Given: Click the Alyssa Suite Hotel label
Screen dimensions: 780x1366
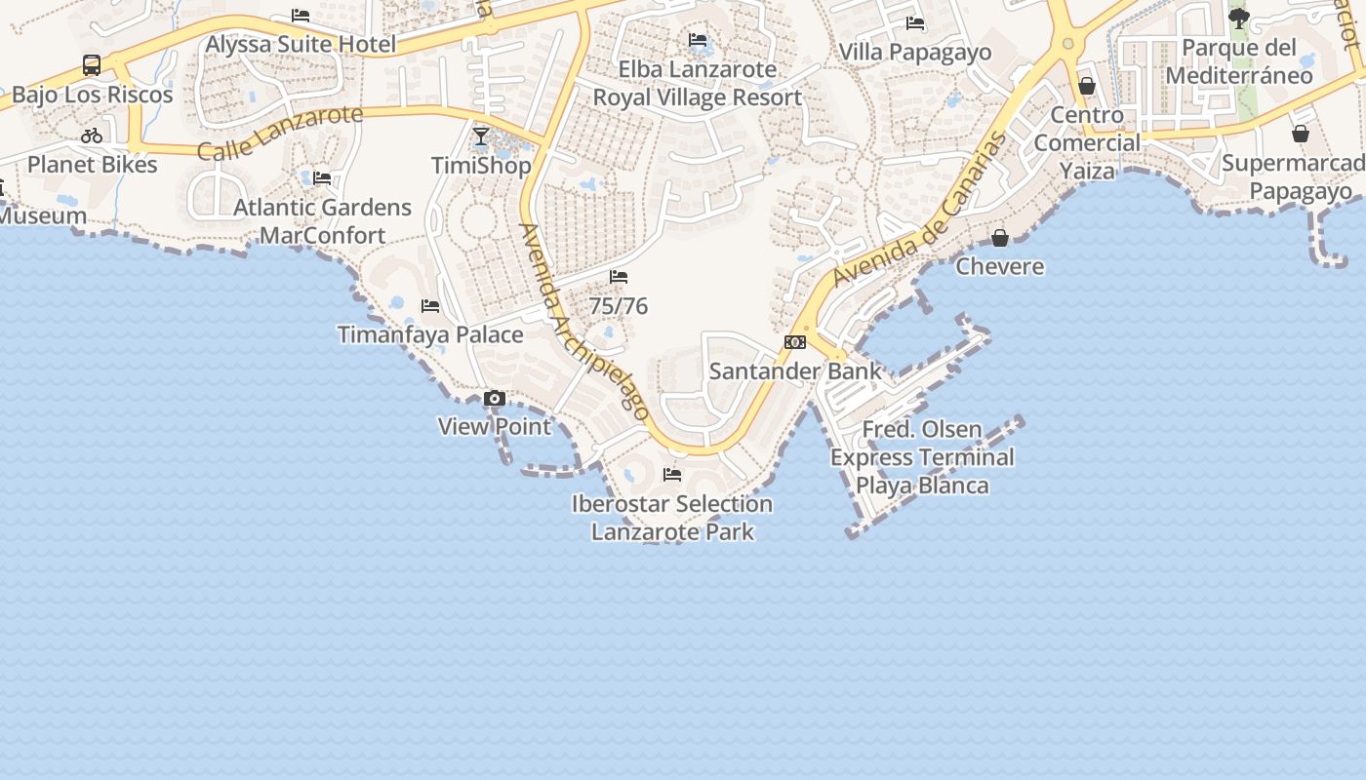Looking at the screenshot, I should tap(301, 44).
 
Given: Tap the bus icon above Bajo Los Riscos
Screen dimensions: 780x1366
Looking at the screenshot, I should tap(92, 65).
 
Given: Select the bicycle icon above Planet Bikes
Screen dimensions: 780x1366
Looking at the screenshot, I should tap(92, 136).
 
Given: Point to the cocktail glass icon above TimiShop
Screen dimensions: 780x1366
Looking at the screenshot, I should tap(481, 136).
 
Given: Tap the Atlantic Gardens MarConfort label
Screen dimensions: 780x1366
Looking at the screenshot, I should tap(322, 221).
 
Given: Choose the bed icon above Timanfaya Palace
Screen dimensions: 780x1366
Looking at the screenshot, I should tap(430, 306).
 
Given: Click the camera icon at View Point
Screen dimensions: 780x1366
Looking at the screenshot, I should tap(495, 398).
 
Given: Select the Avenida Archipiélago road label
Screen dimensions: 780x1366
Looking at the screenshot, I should tap(583, 322).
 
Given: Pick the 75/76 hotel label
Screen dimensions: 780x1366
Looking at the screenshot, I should tap(619, 306).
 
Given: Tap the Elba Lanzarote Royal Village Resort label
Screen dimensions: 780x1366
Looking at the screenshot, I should tap(698, 84).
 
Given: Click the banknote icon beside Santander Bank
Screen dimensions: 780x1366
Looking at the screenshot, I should tap(795, 342).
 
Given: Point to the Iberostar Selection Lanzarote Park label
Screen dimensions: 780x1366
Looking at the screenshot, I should tap(672, 518).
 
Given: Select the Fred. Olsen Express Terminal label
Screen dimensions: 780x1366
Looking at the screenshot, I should tap(922, 457).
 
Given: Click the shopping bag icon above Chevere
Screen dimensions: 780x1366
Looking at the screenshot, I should tap(1000, 238).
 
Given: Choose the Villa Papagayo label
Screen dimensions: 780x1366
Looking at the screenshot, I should tap(915, 53).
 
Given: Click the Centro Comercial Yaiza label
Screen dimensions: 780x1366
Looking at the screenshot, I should tap(1087, 143).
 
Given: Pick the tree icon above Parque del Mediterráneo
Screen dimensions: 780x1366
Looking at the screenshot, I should tap(1239, 18).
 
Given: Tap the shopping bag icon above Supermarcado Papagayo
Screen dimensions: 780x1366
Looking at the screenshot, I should tap(1301, 134).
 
